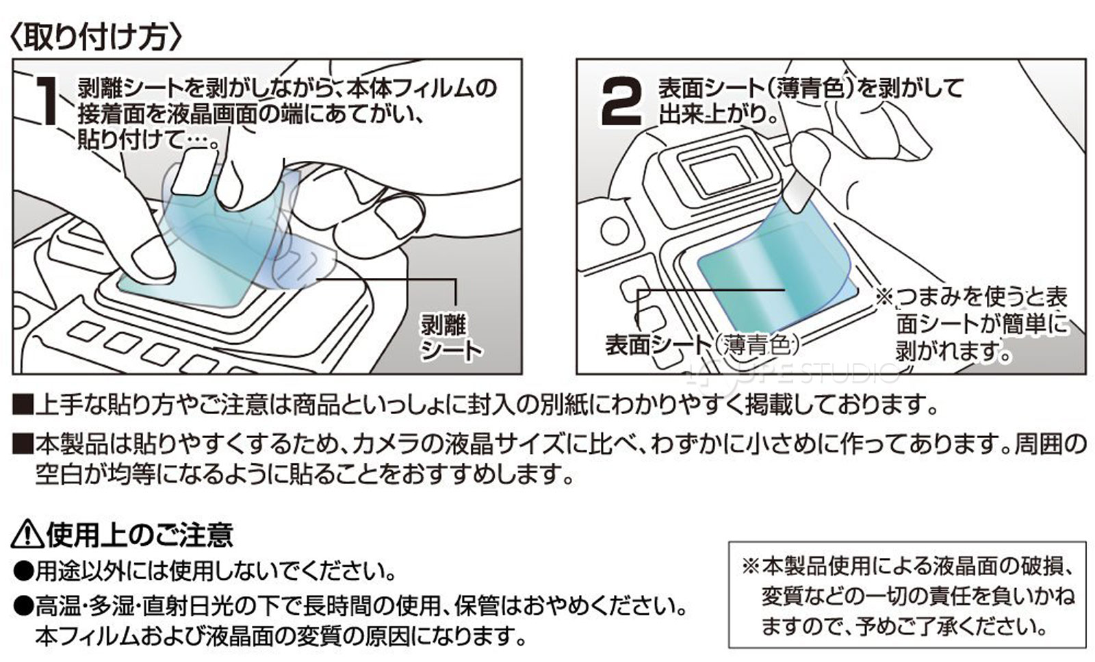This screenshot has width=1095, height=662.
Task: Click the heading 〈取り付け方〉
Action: click(96, 35)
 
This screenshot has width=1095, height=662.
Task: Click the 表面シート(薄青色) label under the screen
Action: click(702, 344)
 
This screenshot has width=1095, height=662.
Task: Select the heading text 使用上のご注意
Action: click(140, 534)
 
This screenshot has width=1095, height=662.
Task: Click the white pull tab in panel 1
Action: click(194, 173)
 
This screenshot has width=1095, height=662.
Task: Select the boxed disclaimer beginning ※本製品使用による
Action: click(907, 596)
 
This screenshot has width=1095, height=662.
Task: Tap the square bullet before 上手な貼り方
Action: click(23, 407)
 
